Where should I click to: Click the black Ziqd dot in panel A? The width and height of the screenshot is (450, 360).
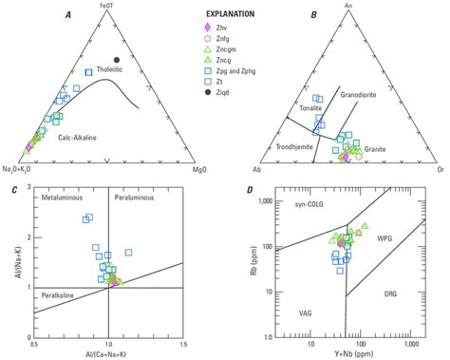pyautogui.click(x=117, y=60)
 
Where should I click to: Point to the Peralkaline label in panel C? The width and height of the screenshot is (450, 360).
pyautogui.click(x=59, y=295)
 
